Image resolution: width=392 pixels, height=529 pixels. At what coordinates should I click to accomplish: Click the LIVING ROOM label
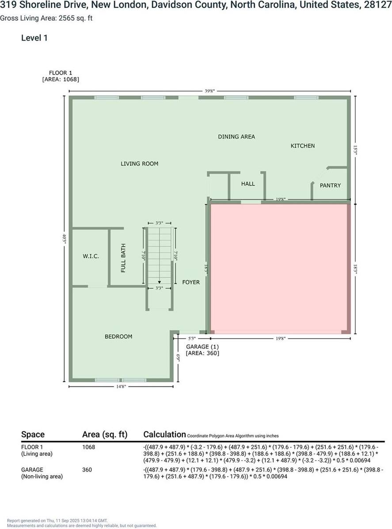(139, 164)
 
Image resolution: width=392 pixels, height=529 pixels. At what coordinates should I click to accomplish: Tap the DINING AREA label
(236, 137)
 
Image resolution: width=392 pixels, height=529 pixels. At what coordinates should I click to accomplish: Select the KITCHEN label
(302, 146)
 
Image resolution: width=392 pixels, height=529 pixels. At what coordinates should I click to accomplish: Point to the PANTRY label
(330, 185)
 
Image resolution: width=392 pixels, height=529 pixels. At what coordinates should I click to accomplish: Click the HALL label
(248, 184)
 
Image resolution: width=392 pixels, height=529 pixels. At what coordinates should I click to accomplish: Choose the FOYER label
(191, 282)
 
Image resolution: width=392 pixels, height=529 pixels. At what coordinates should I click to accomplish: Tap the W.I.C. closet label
(91, 257)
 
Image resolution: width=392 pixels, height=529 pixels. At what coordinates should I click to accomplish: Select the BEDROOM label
(118, 336)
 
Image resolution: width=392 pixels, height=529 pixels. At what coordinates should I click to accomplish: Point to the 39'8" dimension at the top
(209, 91)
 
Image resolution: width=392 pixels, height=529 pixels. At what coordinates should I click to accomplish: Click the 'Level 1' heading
(34, 38)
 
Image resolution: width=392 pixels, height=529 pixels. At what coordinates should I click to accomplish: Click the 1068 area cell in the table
(88, 447)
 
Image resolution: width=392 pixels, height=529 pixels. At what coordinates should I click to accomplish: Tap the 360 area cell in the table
(87, 470)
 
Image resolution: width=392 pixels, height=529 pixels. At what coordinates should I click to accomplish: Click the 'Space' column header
(33, 435)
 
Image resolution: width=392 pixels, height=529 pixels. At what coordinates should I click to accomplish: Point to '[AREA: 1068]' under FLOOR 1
(61, 79)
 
